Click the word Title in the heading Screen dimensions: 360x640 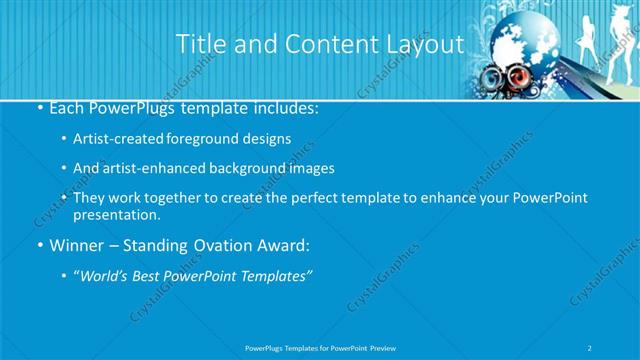click(199, 45)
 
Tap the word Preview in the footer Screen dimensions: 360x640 click(389, 347)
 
